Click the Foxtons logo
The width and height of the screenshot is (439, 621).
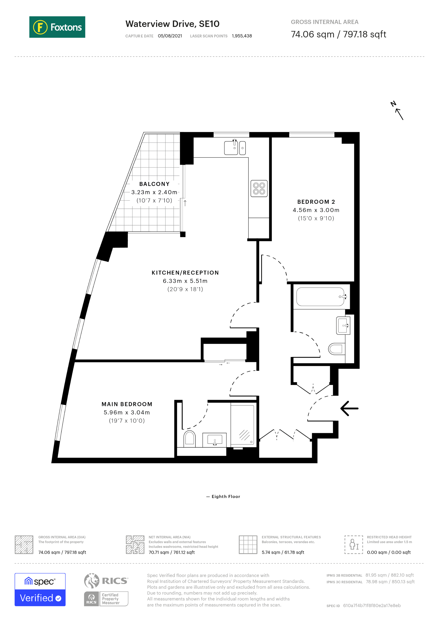pyautogui.click(x=57, y=27)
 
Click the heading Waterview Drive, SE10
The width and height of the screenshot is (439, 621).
pyautogui.click(x=172, y=24)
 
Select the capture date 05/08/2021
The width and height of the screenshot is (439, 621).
pyautogui.click(x=170, y=36)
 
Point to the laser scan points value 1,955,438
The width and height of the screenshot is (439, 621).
pyautogui.click(x=242, y=36)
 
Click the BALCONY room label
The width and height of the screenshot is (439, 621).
pyautogui.click(x=154, y=184)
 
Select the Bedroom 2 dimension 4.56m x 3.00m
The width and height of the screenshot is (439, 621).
pyautogui.click(x=316, y=210)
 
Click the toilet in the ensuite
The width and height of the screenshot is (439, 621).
pyautogui.click(x=190, y=438)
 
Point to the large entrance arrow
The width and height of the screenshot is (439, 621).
pyautogui.click(x=349, y=408)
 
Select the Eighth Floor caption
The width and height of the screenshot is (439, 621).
pyautogui.click(x=225, y=497)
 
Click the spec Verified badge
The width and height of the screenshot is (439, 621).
pyautogui.click(x=40, y=590)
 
